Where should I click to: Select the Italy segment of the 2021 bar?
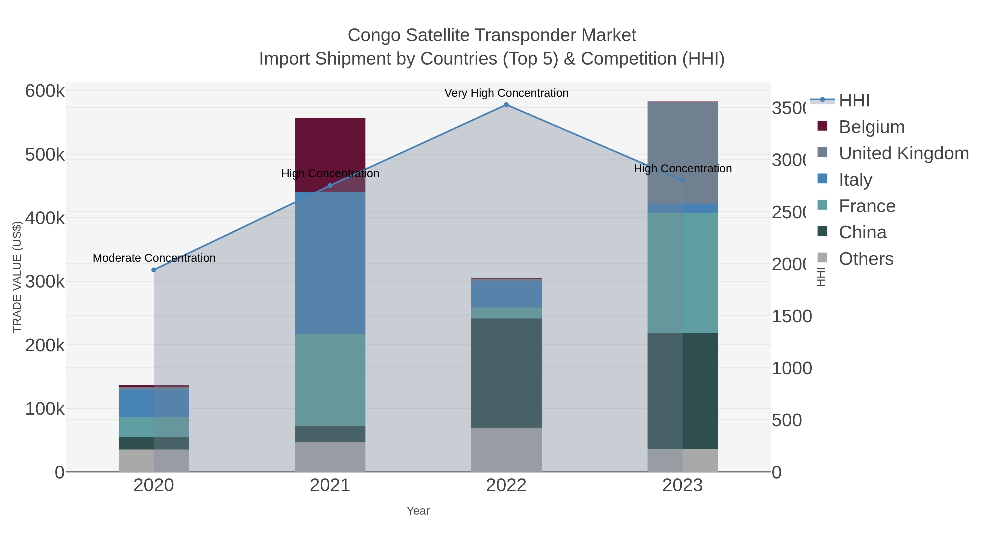click(330, 264)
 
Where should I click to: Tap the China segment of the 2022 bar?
click(506, 373)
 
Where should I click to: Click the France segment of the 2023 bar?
click(683, 273)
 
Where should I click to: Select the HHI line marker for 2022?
click(506, 105)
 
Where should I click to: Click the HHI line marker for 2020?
click(154, 270)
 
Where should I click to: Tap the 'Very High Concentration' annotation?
click(506, 93)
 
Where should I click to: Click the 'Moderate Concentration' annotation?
click(154, 258)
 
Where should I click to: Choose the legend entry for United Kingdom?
click(903, 153)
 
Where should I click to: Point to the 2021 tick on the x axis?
click(330, 486)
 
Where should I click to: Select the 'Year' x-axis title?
click(418, 511)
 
